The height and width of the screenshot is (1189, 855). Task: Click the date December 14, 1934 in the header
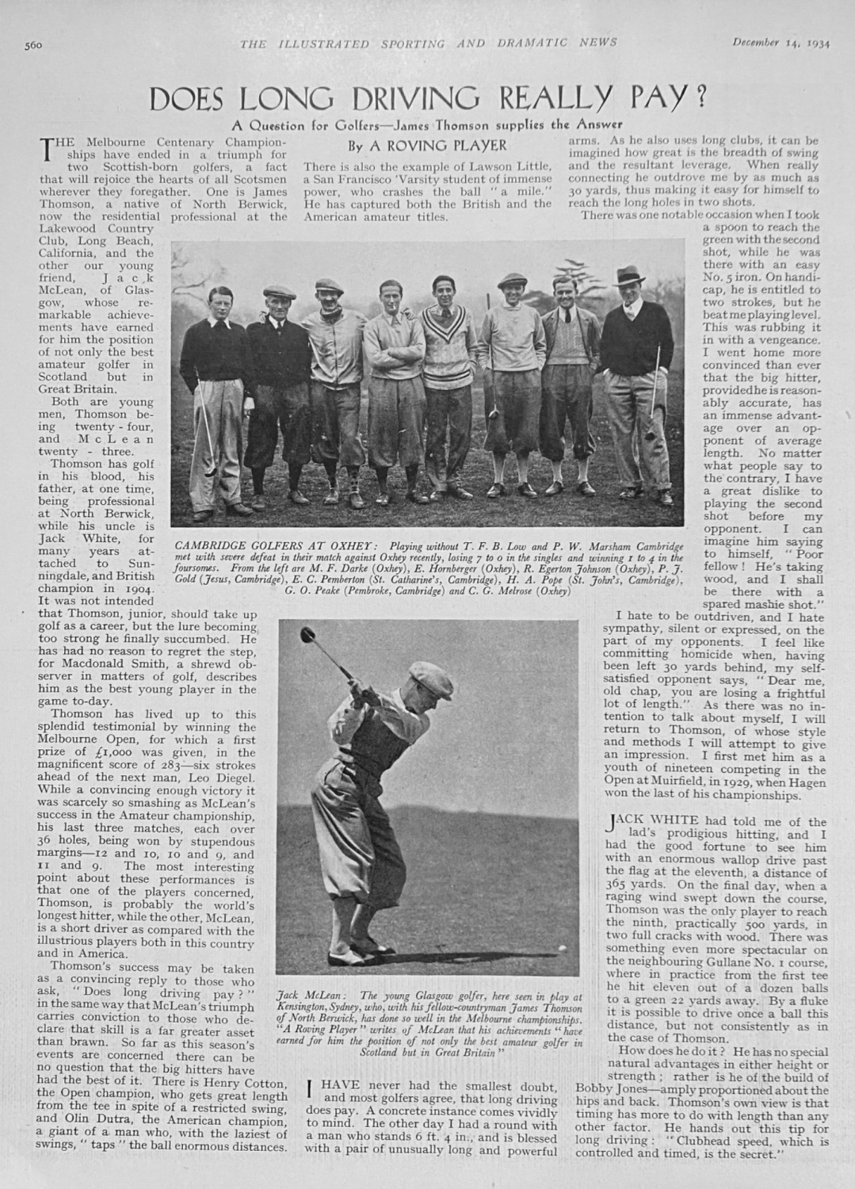point(781,44)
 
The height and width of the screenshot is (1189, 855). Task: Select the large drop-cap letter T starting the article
point(48,147)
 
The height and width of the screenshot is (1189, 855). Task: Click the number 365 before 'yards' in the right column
point(616,885)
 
